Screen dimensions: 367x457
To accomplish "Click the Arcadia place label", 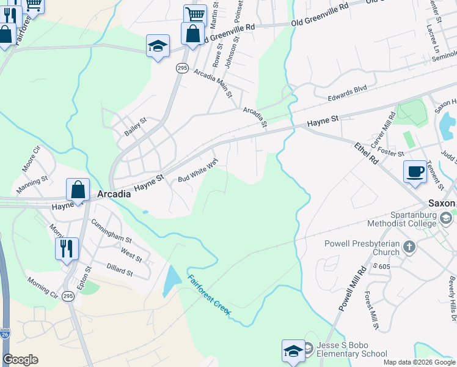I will [x=114, y=194].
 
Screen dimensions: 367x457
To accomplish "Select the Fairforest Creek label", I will [x=209, y=296].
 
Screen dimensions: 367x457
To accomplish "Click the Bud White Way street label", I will [x=198, y=171].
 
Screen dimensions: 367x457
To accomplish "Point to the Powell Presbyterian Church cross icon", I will [x=409, y=247].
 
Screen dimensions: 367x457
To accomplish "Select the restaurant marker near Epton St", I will [x=67, y=248].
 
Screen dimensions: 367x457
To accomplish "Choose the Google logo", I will [x=20, y=360].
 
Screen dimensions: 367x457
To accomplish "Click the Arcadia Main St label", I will [x=213, y=84].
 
